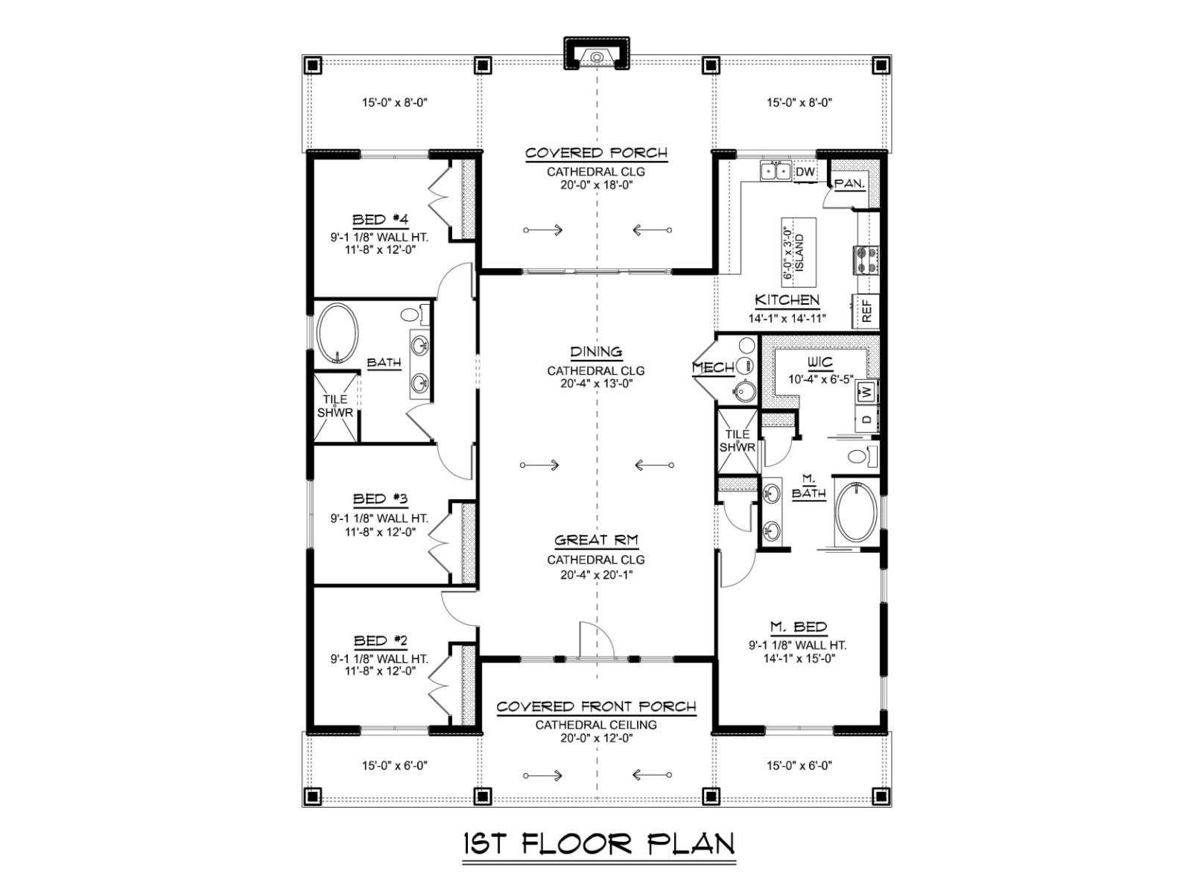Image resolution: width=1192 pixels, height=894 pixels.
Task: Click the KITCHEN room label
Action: click(x=787, y=299)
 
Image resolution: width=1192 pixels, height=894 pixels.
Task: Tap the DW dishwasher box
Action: click(x=805, y=172)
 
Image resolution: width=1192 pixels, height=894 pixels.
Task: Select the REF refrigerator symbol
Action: click(x=866, y=311)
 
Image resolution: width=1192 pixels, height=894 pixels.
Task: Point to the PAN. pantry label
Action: click(x=850, y=184)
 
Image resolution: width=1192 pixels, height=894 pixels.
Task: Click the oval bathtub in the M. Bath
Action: click(x=857, y=511)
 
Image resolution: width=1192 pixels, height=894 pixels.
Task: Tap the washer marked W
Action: click(x=867, y=391)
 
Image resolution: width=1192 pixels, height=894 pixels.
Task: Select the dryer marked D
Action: click(x=867, y=419)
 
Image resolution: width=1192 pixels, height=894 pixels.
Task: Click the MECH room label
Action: click(x=713, y=368)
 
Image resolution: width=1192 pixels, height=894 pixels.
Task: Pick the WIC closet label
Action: click(x=819, y=362)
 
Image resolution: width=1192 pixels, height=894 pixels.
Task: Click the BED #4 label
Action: click(x=380, y=220)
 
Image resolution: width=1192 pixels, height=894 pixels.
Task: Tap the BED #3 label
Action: click(x=380, y=498)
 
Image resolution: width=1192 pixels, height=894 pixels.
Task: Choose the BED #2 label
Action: click(x=380, y=641)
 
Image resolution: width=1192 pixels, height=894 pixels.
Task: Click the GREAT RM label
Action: click(x=596, y=540)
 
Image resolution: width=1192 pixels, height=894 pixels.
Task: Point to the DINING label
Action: click(x=596, y=352)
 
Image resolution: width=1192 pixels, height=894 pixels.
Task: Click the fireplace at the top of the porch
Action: click(x=596, y=53)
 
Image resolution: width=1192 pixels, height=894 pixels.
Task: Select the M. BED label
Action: click(x=799, y=627)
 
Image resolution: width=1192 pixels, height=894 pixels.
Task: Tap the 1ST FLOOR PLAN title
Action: click(x=599, y=843)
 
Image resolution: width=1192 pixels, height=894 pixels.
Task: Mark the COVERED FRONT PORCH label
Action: click(x=596, y=706)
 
